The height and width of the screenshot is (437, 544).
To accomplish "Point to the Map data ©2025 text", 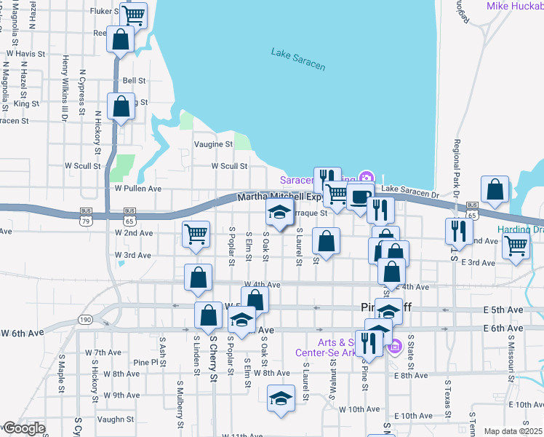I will click(x=513, y=431).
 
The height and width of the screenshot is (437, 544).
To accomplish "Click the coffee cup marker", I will click(x=359, y=196).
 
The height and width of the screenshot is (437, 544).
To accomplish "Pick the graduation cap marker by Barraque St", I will click(x=278, y=213).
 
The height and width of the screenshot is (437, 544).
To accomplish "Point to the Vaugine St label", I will click(x=213, y=144).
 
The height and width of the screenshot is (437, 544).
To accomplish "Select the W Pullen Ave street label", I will click(x=138, y=188).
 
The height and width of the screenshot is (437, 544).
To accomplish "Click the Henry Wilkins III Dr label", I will click(x=65, y=87).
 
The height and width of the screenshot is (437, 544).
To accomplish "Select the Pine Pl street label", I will click(x=145, y=362).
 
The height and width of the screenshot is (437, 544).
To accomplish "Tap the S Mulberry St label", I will click(x=179, y=401).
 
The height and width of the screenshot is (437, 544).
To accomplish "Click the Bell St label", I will click(x=135, y=81).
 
